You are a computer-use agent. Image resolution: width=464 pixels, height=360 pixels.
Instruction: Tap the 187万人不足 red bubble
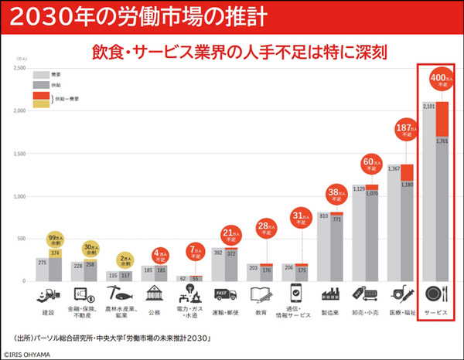[403, 130]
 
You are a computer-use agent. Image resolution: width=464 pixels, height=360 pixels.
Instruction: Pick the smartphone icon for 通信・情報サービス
[298, 293]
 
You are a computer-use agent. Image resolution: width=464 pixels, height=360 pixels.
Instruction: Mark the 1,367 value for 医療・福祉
[394, 168]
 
